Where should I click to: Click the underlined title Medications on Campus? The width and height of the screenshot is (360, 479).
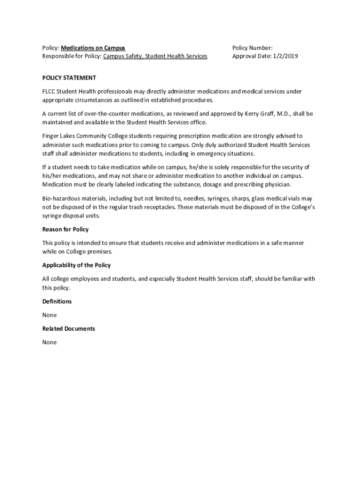coord(93,48)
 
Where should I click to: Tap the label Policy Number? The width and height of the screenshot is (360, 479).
coord(252,48)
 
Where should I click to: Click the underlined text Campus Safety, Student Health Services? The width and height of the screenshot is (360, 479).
coord(155,56)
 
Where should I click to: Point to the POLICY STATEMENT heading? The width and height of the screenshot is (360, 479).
coord(69,78)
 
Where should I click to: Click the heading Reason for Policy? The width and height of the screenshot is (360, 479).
coord(65,229)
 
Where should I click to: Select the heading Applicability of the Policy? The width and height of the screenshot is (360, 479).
coord(76,265)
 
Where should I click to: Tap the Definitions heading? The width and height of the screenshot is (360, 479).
coord(57,301)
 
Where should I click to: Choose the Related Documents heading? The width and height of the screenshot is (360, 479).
coord(69,328)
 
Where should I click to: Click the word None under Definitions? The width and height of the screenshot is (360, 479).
coord(50,315)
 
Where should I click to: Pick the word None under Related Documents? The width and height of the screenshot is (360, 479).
coord(50,342)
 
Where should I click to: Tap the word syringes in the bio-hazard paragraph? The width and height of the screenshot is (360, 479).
coord(214,199)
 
